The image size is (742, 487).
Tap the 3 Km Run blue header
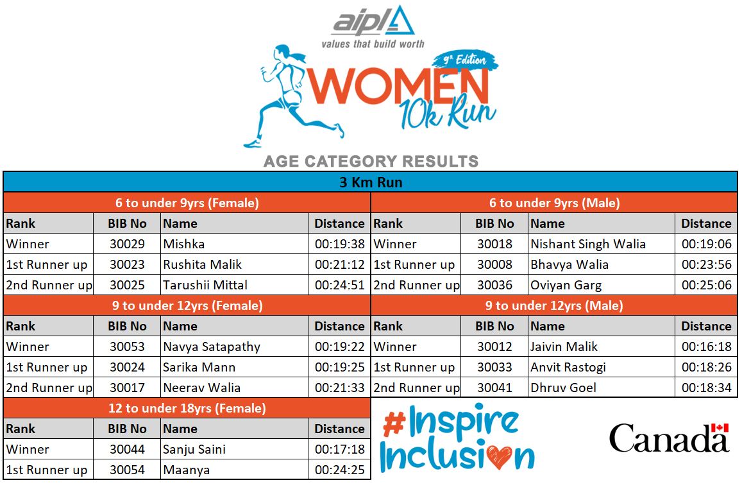[x=371, y=182]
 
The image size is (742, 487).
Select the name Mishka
[x=183, y=244]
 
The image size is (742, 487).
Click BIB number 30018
[x=494, y=244]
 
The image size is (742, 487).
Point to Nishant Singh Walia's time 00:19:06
[x=707, y=244]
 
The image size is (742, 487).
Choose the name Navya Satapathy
[x=212, y=347]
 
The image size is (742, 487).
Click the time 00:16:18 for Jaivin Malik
[x=707, y=347]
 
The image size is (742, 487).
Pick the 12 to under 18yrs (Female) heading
[x=187, y=408]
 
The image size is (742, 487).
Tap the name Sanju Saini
[x=194, y=450]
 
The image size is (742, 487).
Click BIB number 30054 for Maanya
[x=127, y=470]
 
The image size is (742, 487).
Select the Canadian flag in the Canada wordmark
[x=720, y=428]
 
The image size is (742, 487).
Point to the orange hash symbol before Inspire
[x=394, y=423]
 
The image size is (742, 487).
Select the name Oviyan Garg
[x=566, y=286]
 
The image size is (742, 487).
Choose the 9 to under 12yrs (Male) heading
[x=554, y=305]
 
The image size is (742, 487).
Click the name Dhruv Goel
[x=563, y=388]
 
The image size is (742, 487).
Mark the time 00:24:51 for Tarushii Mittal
[x=340, y=286]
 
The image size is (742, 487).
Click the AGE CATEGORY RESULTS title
[x=371, y=162]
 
